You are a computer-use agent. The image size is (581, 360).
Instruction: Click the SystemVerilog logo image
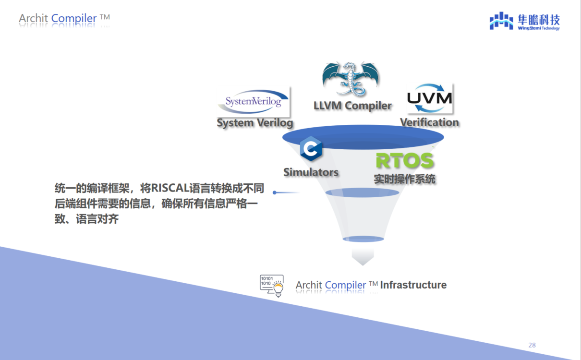(253, 102)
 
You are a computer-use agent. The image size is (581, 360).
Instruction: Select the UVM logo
(430, 98)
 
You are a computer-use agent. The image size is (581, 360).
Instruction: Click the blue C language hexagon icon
(311, 148)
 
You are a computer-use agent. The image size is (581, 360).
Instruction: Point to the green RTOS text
(405, 160)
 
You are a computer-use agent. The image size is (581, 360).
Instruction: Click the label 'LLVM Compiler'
(352, 106)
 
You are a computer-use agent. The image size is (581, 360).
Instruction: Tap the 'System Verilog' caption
(254, 123)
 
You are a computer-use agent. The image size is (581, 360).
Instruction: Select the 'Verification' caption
(429, 122)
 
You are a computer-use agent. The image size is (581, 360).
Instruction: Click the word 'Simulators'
(311, 172)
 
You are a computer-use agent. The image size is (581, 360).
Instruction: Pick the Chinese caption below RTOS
(404, 179)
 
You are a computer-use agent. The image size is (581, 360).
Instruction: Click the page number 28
(532, 345)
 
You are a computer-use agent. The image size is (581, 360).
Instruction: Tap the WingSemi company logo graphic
(501, 21)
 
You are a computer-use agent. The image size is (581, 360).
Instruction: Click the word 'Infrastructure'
(413, 285)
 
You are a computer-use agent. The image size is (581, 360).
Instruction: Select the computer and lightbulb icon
(272, 286)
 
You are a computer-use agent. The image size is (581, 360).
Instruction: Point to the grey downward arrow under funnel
(363, 257)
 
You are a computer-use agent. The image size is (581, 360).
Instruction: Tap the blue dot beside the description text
(275, 192)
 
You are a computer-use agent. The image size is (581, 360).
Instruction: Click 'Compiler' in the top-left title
(74, 18)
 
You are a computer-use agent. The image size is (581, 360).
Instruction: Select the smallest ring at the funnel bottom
(363, 239)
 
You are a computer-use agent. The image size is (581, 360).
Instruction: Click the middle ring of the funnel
(362, 192)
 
